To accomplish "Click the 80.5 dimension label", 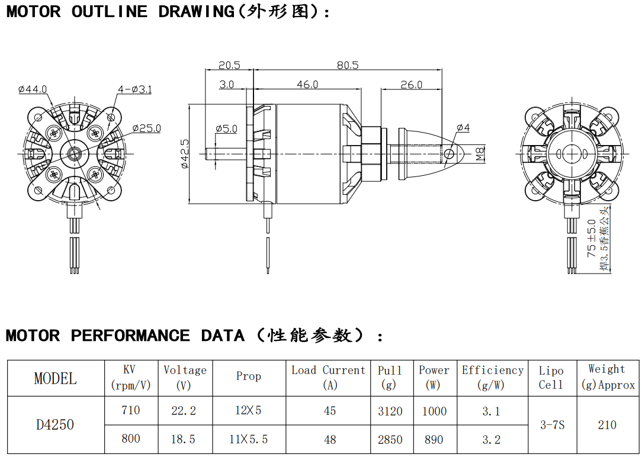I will click(x=348, y=65).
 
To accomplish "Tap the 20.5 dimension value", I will click(x=229, y=65).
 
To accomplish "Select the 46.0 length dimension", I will click(x=307, y=85).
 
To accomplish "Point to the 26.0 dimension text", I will click(x=411, y=85).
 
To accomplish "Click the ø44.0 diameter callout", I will click(x=33, y=89).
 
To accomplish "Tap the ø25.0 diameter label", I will click(x=146, y=128).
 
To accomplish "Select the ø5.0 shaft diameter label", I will click(x=226, y=128).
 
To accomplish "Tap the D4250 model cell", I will click(x=55, y=425).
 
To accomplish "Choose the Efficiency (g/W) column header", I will click(x=492, y=377).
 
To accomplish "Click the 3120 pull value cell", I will click(x=390, y=411).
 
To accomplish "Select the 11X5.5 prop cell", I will click(x=248, y=439).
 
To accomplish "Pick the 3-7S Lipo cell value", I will click(x=552, y=425).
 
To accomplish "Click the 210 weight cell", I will click(x=607, y=425).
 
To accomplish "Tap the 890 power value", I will click(x=434, y=439).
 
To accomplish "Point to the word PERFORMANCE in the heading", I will click(x=130, y=336).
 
